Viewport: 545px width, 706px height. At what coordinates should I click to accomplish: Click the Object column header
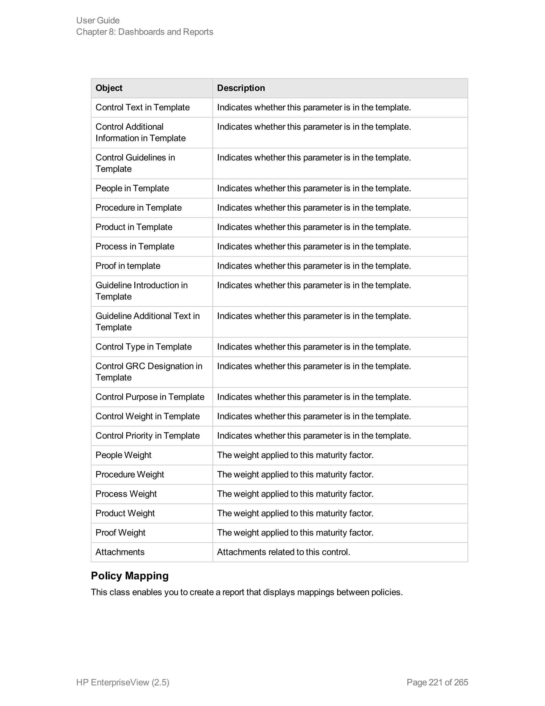109,88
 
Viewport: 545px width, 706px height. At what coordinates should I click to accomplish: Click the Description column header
241,88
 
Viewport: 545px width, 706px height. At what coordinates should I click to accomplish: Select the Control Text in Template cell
142,107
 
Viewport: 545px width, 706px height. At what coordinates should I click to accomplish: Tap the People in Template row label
132,188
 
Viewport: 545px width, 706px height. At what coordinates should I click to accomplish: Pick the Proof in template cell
128,266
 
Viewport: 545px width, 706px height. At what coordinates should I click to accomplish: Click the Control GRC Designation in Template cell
149,372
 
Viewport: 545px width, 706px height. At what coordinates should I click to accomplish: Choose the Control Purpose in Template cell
150,397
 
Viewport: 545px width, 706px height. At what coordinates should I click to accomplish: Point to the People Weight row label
123,455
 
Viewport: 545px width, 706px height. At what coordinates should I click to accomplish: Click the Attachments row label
120,552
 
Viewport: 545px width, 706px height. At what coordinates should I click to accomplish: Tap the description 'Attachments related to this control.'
283,552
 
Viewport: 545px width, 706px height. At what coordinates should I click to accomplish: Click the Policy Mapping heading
130,576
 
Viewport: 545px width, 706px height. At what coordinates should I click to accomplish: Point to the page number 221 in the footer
436,682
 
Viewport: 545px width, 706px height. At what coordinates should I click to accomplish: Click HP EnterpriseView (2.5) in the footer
123,682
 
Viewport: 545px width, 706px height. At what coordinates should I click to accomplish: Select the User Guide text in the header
98,20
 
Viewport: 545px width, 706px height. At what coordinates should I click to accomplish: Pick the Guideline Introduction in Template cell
141,291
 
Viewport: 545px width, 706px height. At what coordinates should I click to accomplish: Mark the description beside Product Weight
295,513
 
